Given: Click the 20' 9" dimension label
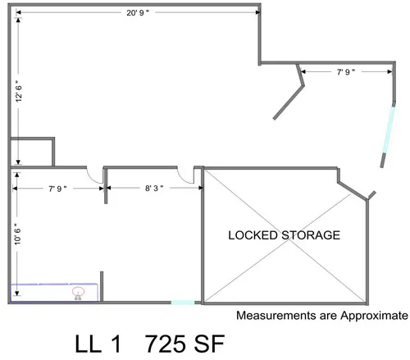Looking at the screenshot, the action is (138, 13).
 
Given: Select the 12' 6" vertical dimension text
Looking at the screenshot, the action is (19, 91).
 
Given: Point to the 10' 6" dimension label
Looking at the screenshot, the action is (17, 234).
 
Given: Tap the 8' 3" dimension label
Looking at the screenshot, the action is (154, 188).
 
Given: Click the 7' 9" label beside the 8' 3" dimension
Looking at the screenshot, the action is (57, 189).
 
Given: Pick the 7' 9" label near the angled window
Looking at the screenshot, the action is (346, 72).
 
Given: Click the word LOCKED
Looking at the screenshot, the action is (253, 235).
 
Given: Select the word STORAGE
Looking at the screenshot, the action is (311, 235).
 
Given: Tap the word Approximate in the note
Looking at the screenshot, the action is (374, 316).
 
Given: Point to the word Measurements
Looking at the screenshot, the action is (276, 316).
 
